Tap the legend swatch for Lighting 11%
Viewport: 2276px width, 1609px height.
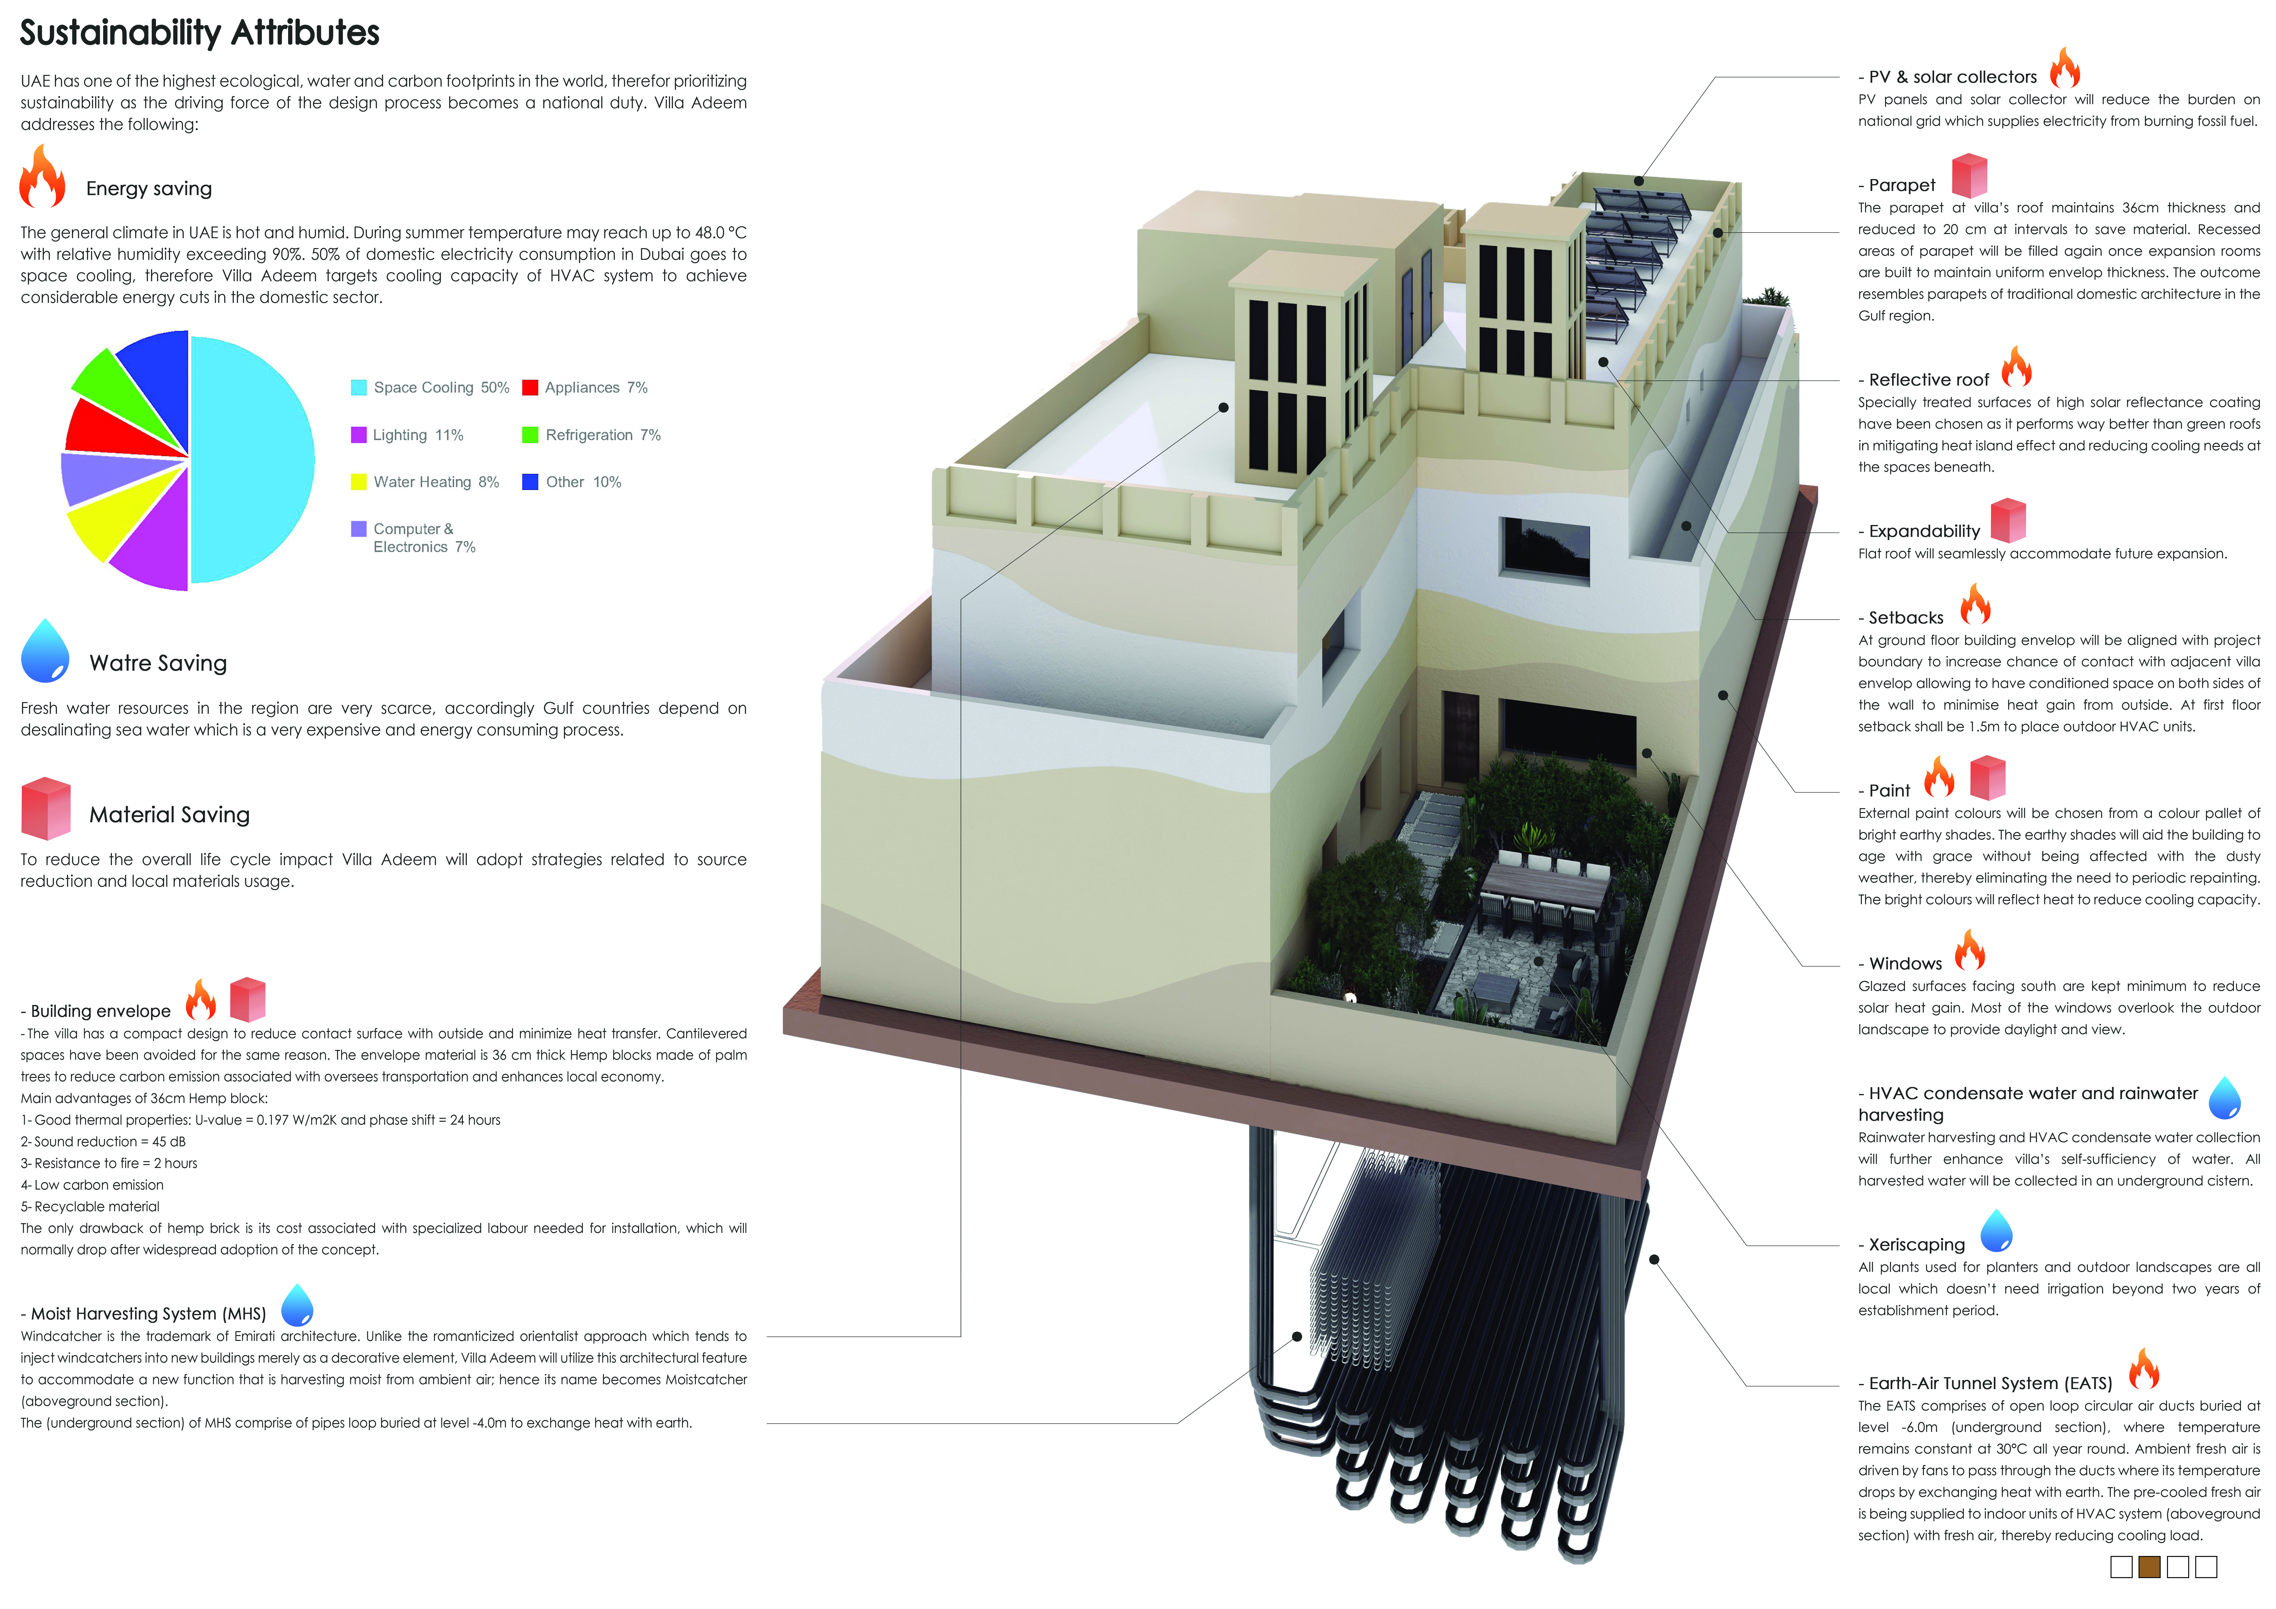coord(359,435)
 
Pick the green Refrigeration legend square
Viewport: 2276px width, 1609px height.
coord(530,435)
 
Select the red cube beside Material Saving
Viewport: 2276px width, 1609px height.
coord(46,809)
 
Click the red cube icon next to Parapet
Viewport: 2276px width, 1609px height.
coord(1970,175)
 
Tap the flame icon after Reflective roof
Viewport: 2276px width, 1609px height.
coord(2016,367)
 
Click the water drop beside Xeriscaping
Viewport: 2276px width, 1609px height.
coord(1996,1230)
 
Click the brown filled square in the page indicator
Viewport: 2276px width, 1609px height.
coord(2149,1566)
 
